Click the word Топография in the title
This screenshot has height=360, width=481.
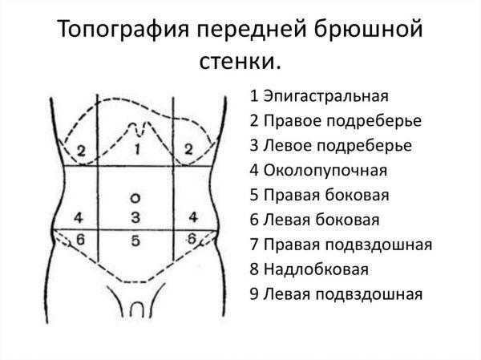[123, 30]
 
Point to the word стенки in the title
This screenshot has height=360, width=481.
[236, 62]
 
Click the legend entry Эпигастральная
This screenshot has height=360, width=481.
[325, 96]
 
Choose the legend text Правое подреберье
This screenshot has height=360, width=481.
[342, 121]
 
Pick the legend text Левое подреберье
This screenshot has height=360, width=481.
[338, 145]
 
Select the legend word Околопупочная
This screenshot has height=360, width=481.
[325, 170]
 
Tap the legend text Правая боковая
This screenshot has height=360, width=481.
[326, 195]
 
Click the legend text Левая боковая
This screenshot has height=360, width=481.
[321, 220]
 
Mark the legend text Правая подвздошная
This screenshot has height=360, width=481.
[348, 245]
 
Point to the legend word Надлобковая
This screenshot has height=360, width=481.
[316, 269]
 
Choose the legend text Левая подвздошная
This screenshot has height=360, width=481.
[343, 294]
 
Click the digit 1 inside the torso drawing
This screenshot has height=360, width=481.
[137, 149]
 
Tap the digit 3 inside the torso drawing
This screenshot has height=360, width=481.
[135, 217]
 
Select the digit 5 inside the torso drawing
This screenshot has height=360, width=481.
[135, 241]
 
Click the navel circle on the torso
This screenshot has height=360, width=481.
[135, 198]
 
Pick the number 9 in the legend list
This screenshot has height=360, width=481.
[254, 294]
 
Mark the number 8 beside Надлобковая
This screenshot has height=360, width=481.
[254, 269]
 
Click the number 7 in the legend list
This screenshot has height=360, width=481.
[254, 245]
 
